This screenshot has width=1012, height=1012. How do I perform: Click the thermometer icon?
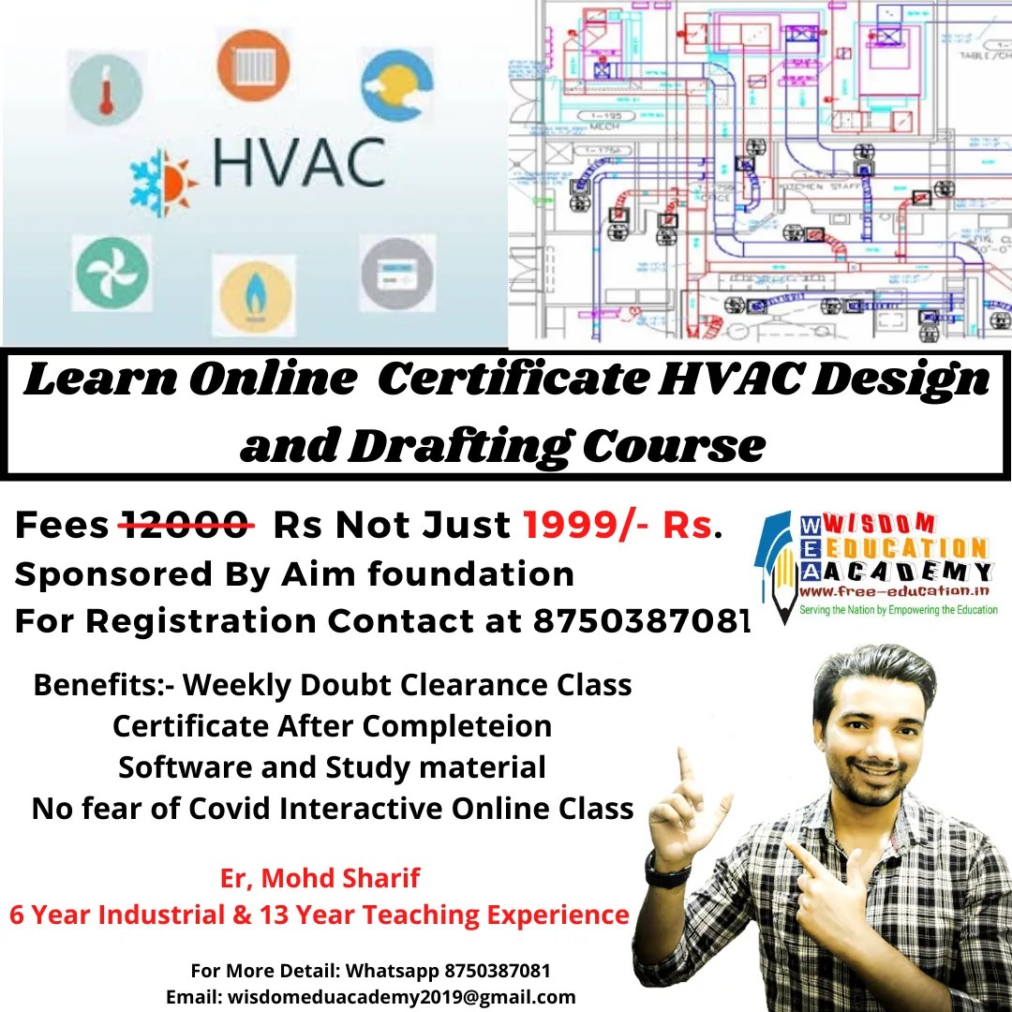[x=105, y=89]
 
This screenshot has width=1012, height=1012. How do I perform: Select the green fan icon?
[x=112, y=273]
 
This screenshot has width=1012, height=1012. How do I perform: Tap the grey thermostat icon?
[x=396, y=272]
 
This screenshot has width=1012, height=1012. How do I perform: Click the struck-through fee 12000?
[x=186, y=525]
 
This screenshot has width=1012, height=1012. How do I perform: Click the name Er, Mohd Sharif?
[x=320, y=878]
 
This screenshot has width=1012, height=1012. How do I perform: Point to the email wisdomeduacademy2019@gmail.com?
[x=371, y=996]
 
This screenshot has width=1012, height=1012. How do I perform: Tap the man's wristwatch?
[x=667, y=872]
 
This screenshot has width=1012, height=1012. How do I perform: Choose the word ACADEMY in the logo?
[x=899, y=571]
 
